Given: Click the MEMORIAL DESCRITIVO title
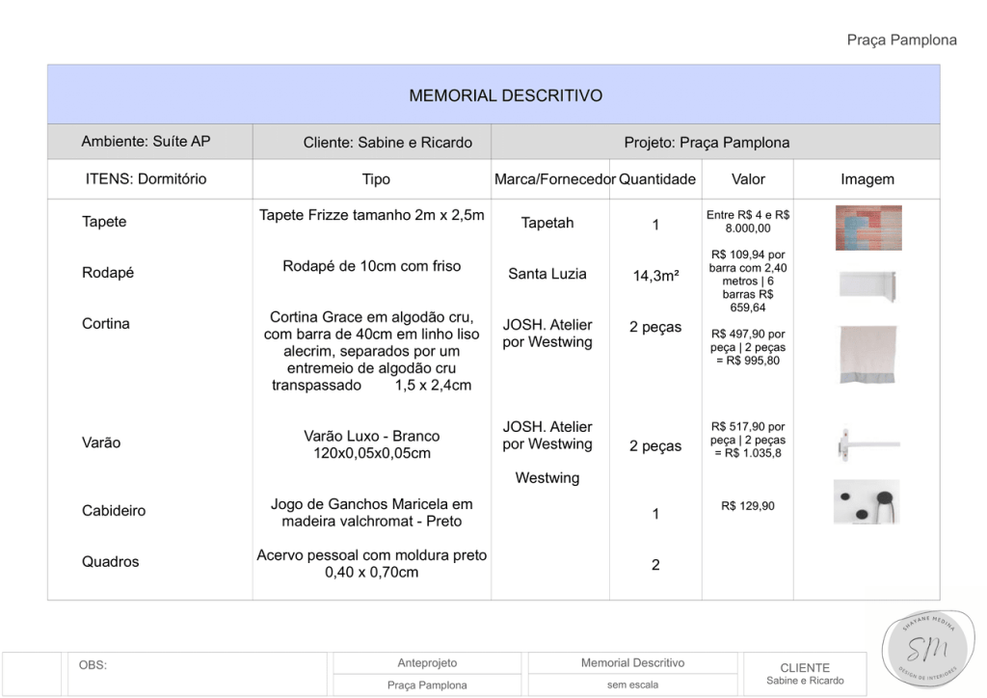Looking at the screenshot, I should point(505,95).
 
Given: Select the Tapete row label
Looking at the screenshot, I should point(104,222).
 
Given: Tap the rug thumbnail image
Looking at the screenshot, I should point(867,228).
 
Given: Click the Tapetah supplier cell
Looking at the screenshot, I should point(547,223).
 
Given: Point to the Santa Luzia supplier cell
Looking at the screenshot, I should point(547,274).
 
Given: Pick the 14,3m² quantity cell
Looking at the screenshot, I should point(655,276).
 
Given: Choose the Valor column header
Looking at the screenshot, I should point(748,179).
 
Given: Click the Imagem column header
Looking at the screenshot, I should point(867,179).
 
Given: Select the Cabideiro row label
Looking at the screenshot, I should point(114,511).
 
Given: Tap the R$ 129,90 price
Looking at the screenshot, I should point(748,506).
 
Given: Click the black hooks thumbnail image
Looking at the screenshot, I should point(867,501).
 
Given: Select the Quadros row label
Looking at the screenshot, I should point(110,562).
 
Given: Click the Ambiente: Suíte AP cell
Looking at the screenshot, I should point(146,142).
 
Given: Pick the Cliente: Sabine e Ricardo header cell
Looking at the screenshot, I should point(387,143).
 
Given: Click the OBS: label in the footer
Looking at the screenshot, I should point(93,665).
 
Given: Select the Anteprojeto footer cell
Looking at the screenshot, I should point(427,663).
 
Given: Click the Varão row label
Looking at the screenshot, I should point(101,443).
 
